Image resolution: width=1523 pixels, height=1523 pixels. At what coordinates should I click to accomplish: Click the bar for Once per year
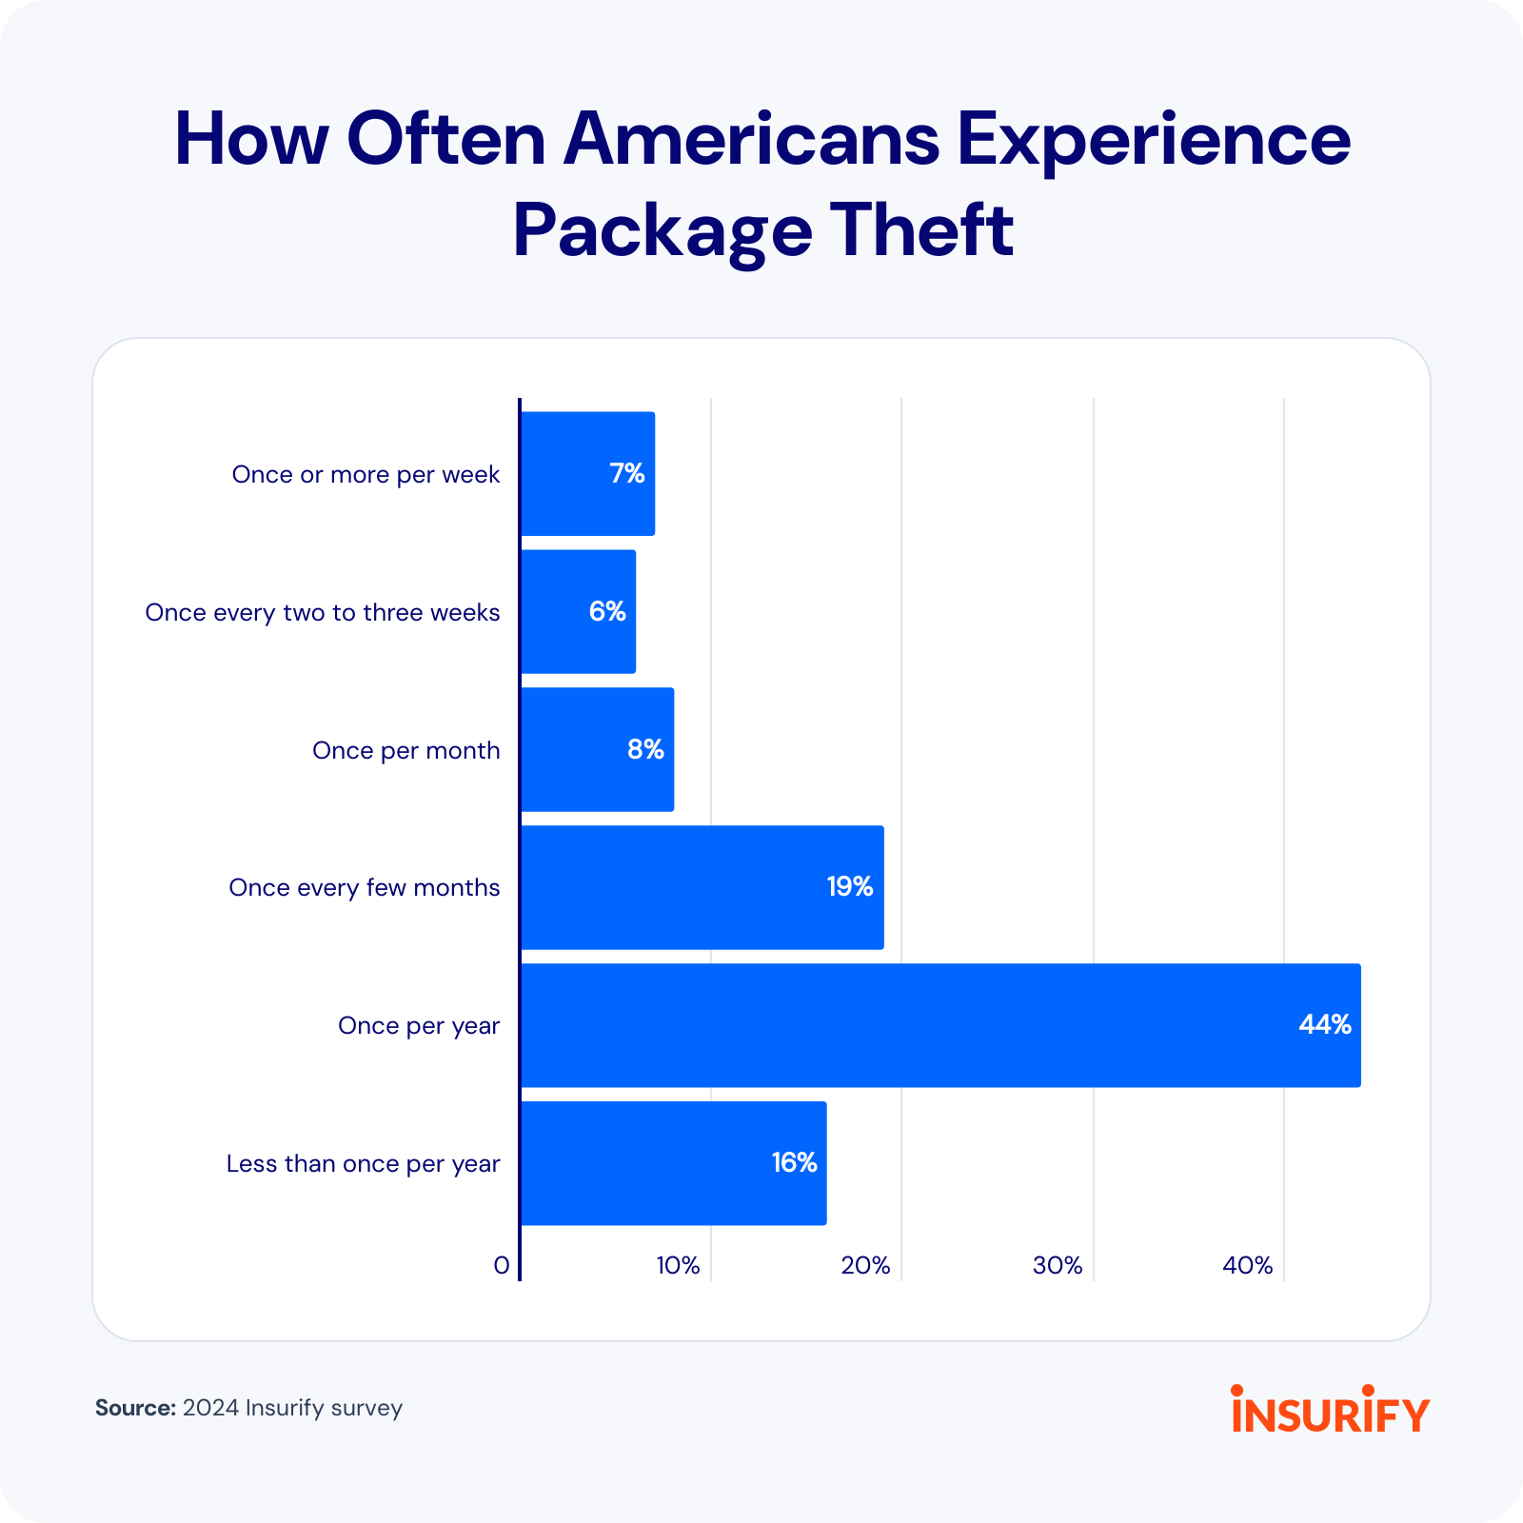tap(940, 1025)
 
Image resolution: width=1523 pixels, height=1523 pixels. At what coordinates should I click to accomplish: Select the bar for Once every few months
tap(702, 887)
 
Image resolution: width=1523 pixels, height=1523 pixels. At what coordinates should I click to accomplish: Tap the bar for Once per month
tap(597, 750)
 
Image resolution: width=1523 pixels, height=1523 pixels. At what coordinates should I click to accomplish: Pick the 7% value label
tap(627, 473)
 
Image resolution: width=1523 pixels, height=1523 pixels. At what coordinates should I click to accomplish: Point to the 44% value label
tap(1325, 1024)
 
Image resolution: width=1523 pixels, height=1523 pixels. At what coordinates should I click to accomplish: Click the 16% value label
tap(794, 1162)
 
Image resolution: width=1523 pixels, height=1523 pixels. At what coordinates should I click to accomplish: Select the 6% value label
tap(607, 611)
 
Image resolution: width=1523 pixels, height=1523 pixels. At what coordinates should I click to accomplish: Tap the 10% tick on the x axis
tap(678, 1265)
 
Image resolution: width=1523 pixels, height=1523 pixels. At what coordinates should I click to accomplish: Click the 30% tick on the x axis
tap(1058, 1265)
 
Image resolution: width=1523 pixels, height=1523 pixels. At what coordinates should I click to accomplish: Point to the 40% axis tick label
tap(1248, 1265)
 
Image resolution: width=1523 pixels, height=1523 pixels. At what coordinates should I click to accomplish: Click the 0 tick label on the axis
tap(502, 1265)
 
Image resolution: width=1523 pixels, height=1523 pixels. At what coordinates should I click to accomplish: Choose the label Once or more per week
tap(366, 474)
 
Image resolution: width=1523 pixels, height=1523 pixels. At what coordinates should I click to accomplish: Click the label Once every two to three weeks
tap(322, 612)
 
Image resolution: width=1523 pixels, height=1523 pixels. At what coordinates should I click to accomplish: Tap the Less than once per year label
tap(363, 1163)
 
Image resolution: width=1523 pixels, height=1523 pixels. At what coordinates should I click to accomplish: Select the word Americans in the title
tap(751, 139)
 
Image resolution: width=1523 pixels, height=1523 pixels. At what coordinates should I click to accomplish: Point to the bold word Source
tap(135, 1408)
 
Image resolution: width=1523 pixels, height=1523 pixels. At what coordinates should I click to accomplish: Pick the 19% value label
tap(849, 886)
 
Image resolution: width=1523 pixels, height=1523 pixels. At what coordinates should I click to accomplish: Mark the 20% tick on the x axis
tap(865, 1265)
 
